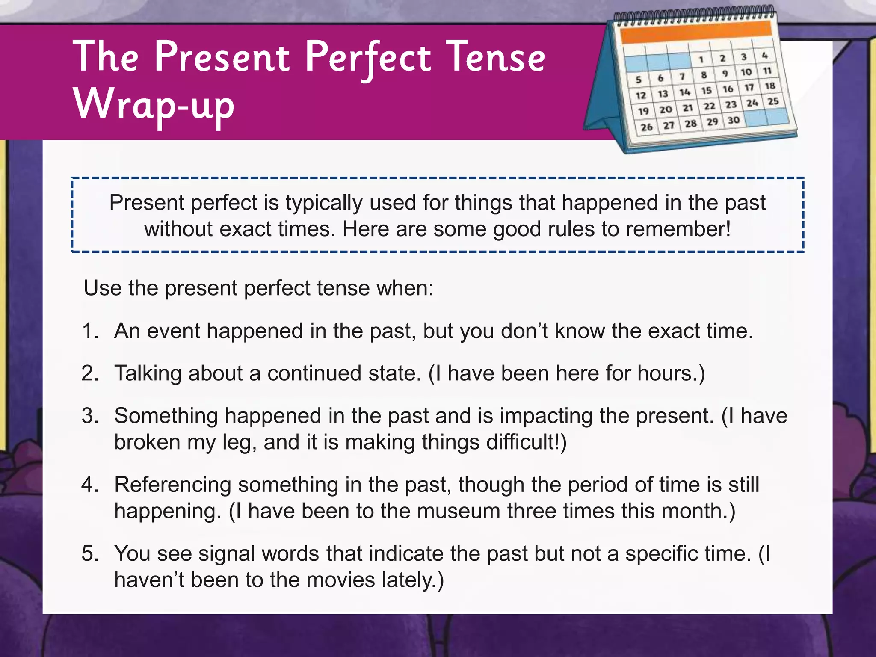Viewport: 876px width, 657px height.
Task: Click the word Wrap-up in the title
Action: point(154,105)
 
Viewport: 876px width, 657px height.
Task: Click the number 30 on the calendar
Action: point(734,120)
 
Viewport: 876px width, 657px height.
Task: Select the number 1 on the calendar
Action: point(701,59)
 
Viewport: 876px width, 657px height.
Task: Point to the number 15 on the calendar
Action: point(706,91)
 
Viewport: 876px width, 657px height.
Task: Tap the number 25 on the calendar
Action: point(773,101)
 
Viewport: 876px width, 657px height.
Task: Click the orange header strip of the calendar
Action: point(696,32)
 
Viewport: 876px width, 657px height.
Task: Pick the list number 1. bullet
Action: point(90,331)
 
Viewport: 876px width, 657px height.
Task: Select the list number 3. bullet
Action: point(90,416)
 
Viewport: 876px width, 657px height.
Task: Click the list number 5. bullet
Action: point(90,553)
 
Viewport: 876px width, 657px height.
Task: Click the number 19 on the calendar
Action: point(643,112)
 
